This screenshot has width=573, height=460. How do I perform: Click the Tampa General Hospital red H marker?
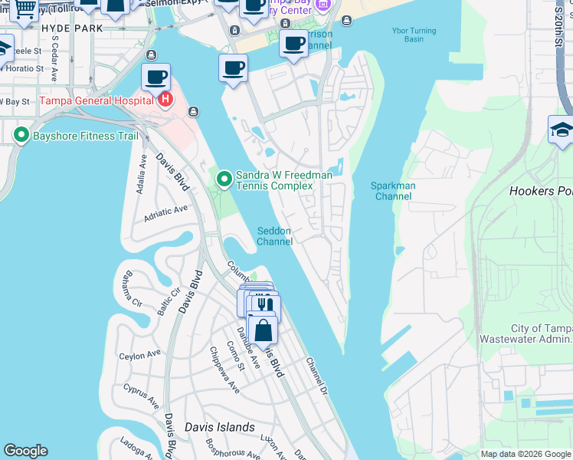(x=165, y=100)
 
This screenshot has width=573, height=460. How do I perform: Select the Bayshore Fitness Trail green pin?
(x=21, y=136)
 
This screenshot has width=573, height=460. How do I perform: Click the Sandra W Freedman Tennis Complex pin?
(x=224, y=179)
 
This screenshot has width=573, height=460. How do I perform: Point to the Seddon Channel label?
(x=274, y=236)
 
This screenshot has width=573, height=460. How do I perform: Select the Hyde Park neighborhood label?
(x=71, y=28)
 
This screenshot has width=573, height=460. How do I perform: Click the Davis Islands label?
(x=220, y=427)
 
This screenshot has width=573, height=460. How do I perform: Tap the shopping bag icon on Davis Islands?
(x=263, y=331)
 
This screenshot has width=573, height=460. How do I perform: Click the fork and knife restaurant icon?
(x=265, y=306)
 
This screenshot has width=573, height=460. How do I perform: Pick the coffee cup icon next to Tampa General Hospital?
(x=156, y=77)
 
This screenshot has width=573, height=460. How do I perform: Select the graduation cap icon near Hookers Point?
(x=562, y=129)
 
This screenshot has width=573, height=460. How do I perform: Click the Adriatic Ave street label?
(x=166, y=214)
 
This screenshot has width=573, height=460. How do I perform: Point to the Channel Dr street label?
(x=316, y=375)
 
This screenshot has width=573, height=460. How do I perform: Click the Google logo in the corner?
(x=25, y=451)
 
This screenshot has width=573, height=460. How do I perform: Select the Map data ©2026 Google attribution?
(x=526, y=454)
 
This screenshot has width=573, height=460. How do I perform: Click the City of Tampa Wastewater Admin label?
(x=525, y=333)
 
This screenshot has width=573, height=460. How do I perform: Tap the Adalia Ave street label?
(x=141, y=176)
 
